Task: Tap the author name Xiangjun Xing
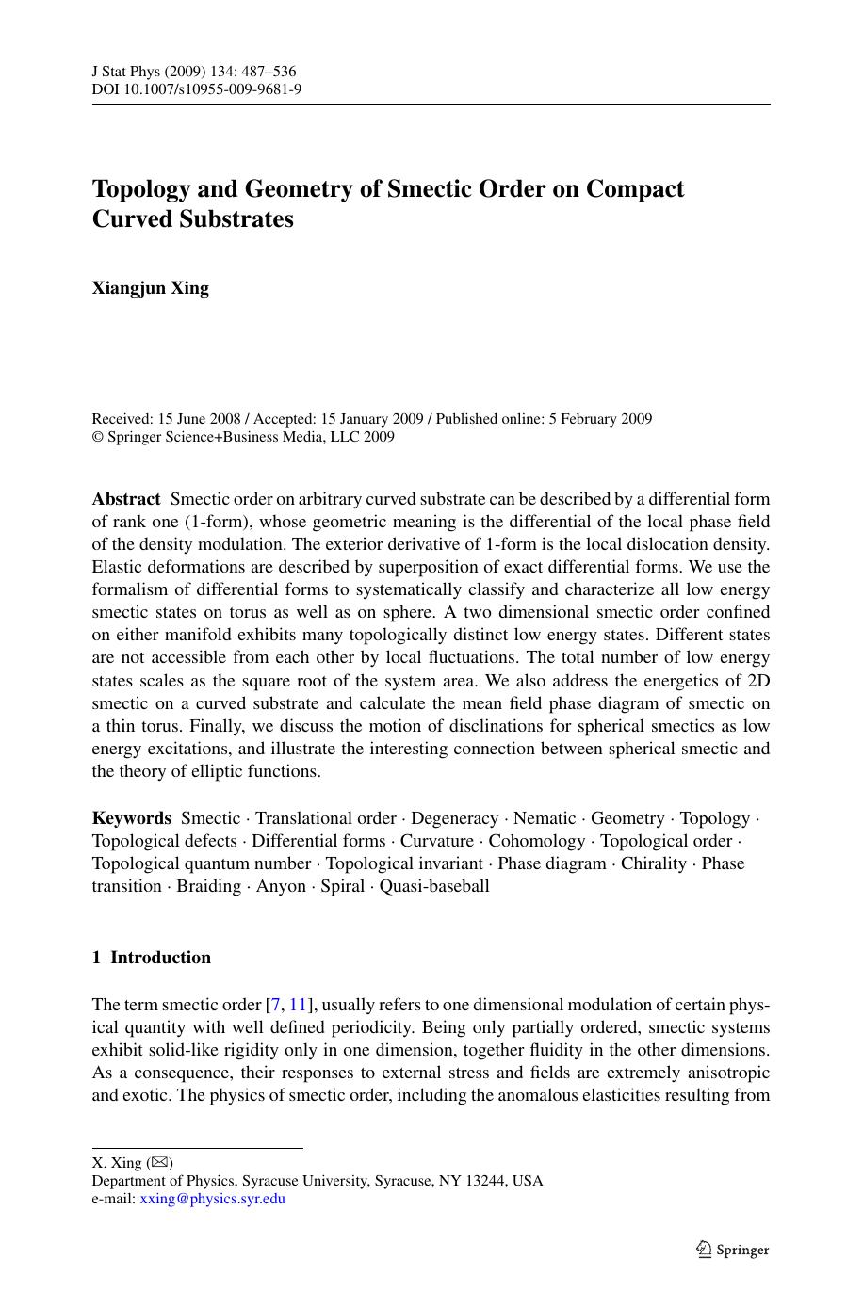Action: coord(151,287)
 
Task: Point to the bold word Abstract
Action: coord(126,499)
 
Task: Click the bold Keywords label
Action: coord(132,818)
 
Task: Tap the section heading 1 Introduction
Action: coord(152,958)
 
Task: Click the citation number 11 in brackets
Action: coord(298,1005)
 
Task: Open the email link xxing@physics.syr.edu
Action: coord(212,1199)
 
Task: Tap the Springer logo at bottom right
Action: coord(732,1250)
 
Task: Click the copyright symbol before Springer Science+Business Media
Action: coord(97,437)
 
